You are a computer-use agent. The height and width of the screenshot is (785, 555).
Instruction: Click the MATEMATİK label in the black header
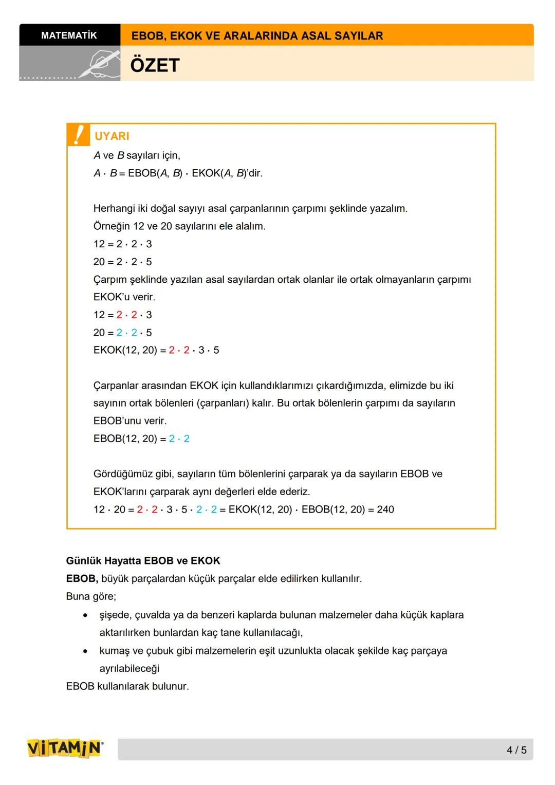[x=69, y=35]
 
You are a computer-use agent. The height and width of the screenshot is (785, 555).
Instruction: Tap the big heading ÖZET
[x=155, y=65]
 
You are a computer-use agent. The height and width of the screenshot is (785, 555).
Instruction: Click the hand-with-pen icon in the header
[x=100, y=64]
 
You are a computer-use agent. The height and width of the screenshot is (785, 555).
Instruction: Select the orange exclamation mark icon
[x=78, y=135]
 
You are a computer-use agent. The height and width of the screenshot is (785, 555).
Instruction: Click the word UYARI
[x=112, y=136]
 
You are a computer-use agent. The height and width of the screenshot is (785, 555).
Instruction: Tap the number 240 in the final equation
[x=385, y=509]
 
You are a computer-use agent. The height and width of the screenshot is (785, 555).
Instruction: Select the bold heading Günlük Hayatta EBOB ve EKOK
[x=143, y=561]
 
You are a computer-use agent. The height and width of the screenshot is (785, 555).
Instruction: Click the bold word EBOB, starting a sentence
[x=82, y=579]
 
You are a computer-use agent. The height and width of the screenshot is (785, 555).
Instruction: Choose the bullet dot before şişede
[x=85, y=615]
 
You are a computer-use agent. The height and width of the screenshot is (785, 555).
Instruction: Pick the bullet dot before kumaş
[x=85, y=651]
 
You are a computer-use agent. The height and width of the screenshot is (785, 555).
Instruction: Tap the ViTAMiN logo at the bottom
[x=65, y=748]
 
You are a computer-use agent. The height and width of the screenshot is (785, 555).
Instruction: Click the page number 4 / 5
[x=516, y=750]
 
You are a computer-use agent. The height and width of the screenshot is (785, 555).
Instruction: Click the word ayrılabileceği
[x=129, y=669]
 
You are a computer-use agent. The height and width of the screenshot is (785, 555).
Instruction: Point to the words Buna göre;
[x=91, y=597]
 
